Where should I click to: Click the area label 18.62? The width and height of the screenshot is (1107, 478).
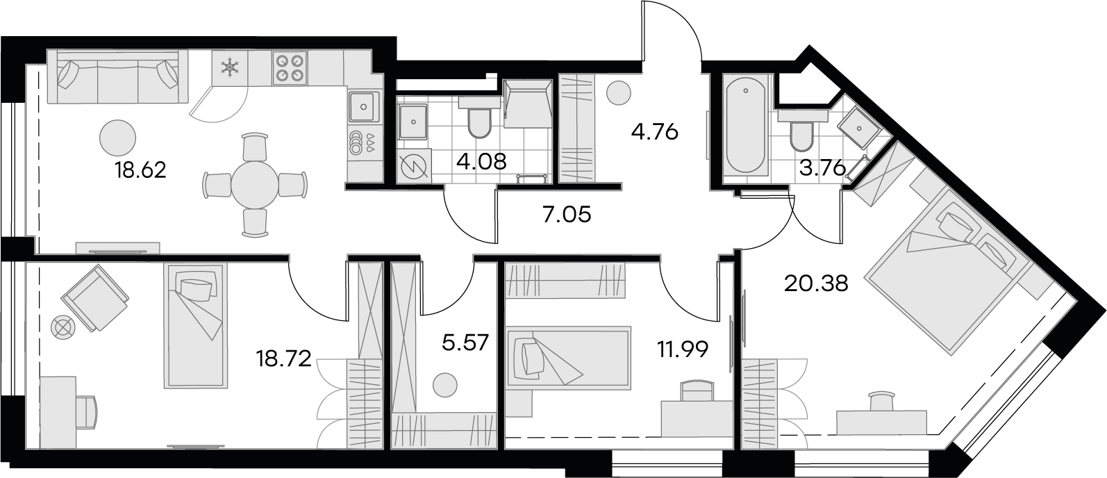pyautogui.click(x=141, y=170)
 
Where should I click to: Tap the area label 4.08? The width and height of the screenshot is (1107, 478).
pyautogui.click(x=481, y=162)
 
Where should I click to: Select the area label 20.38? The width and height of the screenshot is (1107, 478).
pyautogui.click(x=817, y=283)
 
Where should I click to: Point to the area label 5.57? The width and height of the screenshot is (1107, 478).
pyautogui.click(x=465, y=343)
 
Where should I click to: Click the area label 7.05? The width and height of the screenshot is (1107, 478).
pyautogui.click(x=567, y=215)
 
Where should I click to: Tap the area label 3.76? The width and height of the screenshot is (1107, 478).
pyautogui.click(x=823, y=169)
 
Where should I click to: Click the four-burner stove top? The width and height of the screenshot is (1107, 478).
pyautogui.click(x=289, y=67)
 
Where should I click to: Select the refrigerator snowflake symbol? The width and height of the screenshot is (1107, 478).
pyautogui.click(x=229, y=67)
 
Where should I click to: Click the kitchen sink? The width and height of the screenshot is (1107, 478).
pyautogui.click(x=364, y=106)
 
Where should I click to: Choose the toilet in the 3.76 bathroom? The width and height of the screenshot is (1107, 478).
pyautogui.click(x=801, y=131)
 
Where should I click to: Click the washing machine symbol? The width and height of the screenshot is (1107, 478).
pyautogui.click(x=414, y=167)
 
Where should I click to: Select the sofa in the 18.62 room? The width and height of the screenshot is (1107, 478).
pyautogui.click(x=117, y=76)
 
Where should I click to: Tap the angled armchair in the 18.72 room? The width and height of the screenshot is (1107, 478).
pyautogui.click(x=95, y=297)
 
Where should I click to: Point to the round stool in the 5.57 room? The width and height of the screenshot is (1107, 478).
pyautogui.click(x=444, y=385)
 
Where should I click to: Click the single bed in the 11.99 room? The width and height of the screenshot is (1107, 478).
pyautogui.click(x=568, y=357)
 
